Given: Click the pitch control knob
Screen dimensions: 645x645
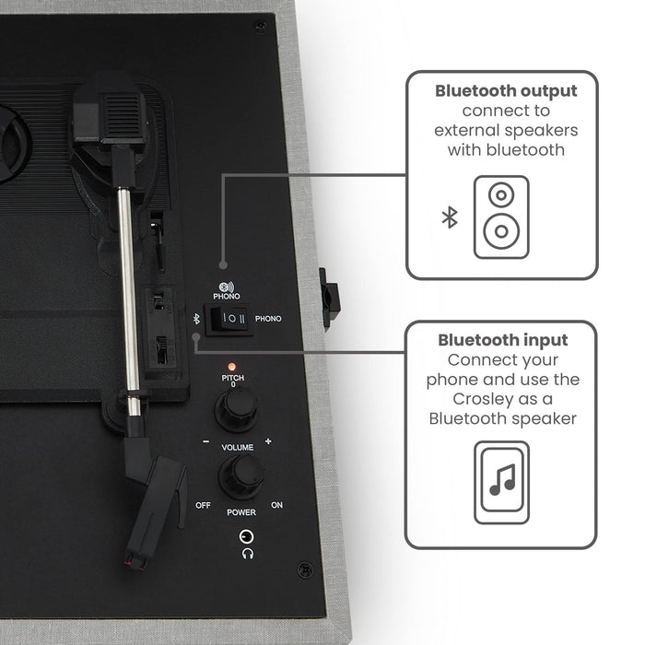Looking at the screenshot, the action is pos(237,408).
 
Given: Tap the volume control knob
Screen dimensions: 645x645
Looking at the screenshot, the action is pos(241,476).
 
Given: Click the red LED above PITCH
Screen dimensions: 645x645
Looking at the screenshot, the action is pos(232,367).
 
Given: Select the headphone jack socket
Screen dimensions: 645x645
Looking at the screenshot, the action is pos(246,536).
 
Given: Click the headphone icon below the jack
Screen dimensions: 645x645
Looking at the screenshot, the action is pos(248,553).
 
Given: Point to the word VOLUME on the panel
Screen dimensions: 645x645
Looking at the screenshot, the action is pos(238,447).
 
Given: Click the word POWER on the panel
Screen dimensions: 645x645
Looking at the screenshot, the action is pos(241,512).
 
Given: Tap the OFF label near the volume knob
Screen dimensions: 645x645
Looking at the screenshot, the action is pos(203,505).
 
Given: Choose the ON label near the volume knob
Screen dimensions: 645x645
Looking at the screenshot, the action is pos(276,505).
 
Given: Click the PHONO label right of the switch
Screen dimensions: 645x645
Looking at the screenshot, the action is pos(268,319).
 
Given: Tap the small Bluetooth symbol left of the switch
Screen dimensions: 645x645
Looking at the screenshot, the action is pos(196,318).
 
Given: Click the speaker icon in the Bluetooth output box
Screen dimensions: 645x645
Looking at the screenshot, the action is pos(501,217).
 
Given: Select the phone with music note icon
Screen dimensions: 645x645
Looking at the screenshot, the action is pos(501,482).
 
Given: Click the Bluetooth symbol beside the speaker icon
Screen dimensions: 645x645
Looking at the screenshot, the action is pos(450,217).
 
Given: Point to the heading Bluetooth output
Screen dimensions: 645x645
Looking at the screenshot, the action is pos(506,91).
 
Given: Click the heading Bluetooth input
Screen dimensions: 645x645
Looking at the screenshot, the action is pos(503,340).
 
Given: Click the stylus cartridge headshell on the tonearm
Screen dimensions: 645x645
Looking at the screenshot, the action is pos(152,510).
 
